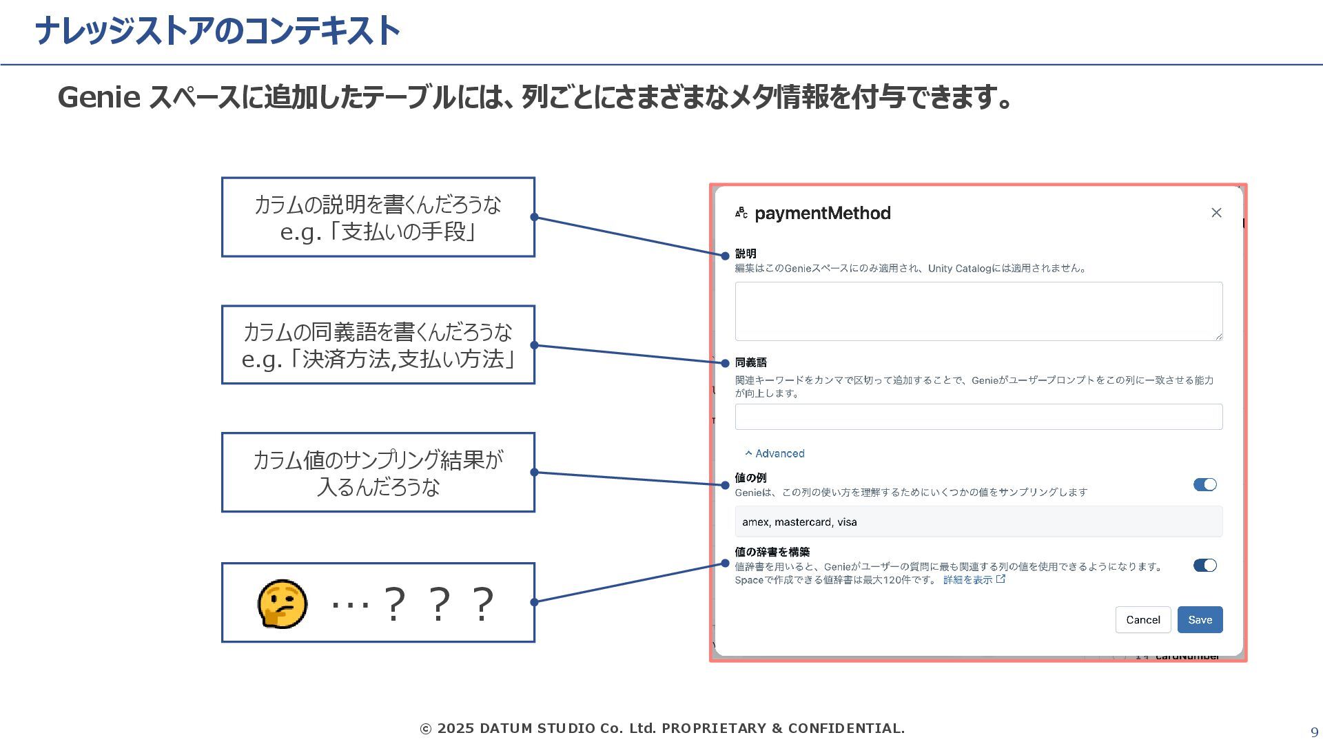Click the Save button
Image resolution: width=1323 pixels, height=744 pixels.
pyautogui.click(x=1200, y=619)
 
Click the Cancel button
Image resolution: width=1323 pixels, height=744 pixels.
pyautogui.click(x=1142, y=619)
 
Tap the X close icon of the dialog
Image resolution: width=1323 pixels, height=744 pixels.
pyautogui.click(x=1216, y=213)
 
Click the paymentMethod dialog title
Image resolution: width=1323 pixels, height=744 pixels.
pyautogui.click(x=822, y=214)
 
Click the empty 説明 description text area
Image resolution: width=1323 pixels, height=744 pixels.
pyautogui.click(x=978, y=311)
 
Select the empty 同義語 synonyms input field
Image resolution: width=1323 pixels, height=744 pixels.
pyautogui.click(x=978, y=417)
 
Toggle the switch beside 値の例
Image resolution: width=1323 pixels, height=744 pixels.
pyautogui.click(x=1204, y=485)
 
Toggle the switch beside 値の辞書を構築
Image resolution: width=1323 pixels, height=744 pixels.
pyautogui.click(x=1204, y=566)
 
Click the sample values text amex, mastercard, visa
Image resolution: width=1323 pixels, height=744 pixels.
pyautogui.click(x=799, y=522)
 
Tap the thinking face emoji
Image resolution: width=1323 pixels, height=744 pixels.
pyautogui.click(x=283, y=603)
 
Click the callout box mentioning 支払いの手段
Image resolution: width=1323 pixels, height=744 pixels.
pyautogui.click(x=378, y=218)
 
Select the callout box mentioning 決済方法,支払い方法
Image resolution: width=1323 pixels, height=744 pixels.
pyautogui.click(x=378, y=345)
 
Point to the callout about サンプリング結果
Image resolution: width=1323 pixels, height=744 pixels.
pyautogui.click(x=378, y=473)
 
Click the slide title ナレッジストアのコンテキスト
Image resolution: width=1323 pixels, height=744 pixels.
pyautogui.click(x=217, y=32)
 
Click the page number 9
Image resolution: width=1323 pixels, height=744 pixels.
pyautogui.click(x=1314, y=732)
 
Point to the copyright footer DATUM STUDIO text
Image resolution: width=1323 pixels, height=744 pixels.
pyautogui.click(x=661, y=728)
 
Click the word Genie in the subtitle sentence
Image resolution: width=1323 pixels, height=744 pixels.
pyautogui.click(x=99, y=97)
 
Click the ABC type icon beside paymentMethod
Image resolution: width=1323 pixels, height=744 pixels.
pyautogui.click(x=741, y=213)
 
